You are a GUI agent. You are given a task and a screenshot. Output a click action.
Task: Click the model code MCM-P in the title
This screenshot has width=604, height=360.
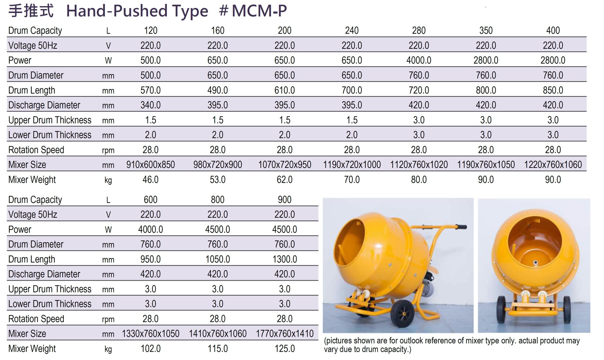(x=259, y=11)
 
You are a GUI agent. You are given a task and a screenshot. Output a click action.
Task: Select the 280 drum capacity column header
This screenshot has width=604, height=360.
(x=419, y=30)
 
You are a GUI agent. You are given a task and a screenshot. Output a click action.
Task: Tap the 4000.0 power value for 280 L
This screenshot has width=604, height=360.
(x=419, y=60)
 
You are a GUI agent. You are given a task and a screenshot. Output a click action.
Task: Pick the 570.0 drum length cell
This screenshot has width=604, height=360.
(x=151, y=90)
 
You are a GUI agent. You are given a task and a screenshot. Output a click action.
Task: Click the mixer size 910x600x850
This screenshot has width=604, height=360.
(x=151, y=164)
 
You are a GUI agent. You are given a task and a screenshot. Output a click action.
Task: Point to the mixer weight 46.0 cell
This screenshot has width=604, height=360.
(x=151, y=180)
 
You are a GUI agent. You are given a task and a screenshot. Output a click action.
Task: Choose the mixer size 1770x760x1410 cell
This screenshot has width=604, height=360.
(x=285, y=334)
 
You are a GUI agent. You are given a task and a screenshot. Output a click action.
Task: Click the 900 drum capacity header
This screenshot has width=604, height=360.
(x=285, y=200)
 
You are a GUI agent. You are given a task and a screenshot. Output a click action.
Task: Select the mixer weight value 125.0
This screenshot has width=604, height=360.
(x=285, y=349)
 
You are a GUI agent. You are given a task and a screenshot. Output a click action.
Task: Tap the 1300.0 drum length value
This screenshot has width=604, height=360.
(x=285, y=259)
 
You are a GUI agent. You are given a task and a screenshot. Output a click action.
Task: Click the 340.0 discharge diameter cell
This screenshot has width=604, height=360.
(x=151, y=105)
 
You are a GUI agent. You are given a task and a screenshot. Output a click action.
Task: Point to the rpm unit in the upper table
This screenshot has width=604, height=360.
(x=108, y=151)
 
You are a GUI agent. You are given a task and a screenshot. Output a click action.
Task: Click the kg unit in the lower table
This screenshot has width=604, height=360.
(x=108, y=349)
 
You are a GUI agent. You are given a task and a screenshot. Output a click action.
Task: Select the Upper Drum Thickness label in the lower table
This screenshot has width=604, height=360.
(x=50, y=289)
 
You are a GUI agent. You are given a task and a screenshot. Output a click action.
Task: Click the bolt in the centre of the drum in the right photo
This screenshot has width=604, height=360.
(x=535, y=263)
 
